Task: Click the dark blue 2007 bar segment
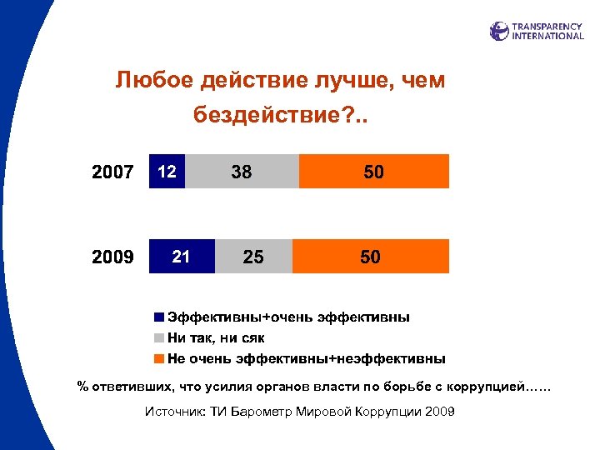(167, 172)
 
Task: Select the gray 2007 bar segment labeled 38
(242, 172)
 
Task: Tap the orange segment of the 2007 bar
(373, 172)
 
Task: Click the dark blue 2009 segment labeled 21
(182, 257)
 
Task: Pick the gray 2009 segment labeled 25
(253, 257)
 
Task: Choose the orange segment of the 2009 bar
(370, 257)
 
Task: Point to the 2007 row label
(112, 172)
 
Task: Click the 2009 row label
(112, 257)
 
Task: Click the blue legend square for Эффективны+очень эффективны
(158, 317)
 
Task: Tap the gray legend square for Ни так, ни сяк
(158, 338)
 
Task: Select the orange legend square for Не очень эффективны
(158, 359)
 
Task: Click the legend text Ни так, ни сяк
(216, 338)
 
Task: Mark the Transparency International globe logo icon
(499, 31)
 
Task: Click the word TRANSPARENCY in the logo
(547, 26)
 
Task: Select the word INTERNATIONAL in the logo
(547, 36)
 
